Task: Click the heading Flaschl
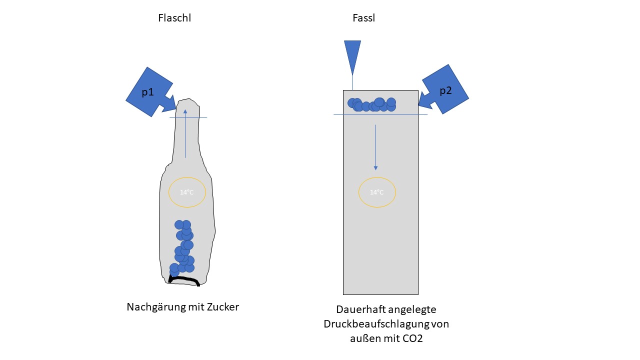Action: click(x=174, y=18)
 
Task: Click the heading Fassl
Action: click(x=363, y=18)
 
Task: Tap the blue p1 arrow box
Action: click(x=148, y=92)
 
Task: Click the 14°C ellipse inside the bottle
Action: click(x=187, y=192)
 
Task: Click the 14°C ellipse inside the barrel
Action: click(x=377, y=192)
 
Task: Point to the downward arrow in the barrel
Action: click(x=375, y=147)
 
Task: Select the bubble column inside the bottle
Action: click(x=183, y=247)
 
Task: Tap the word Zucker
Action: click(x=223, y=307)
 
